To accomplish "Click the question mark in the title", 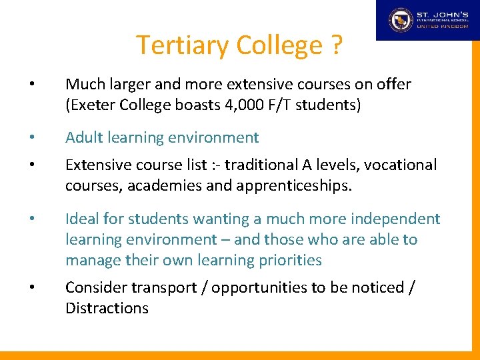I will coord(335,46).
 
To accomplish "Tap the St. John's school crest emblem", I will coord(401,20).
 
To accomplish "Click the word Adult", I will coord(84,138).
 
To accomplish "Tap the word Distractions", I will coord(107,308).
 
